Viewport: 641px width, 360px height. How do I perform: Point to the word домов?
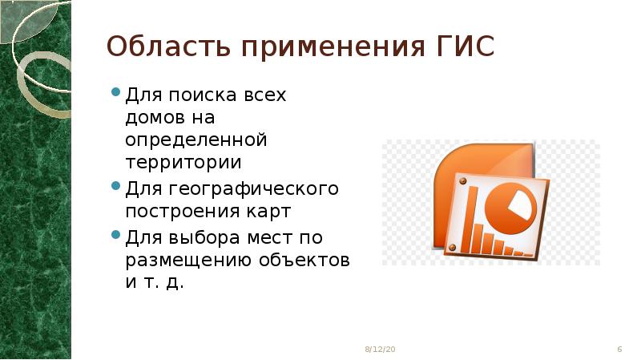151,118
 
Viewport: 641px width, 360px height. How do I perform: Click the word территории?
182,163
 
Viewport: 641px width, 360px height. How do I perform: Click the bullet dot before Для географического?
115,188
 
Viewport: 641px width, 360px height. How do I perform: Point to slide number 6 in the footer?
620,350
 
